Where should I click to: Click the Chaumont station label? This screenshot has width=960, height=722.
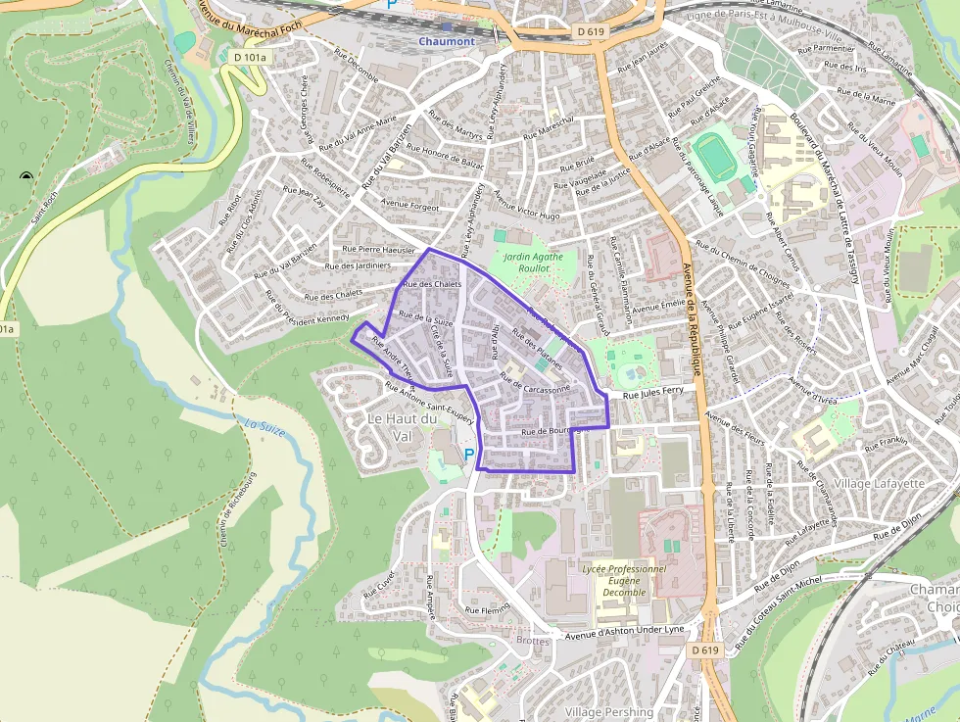pyautogui.click(x=446, y=41)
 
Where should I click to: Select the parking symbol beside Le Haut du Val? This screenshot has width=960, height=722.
pyautogui.click(x=469, y=455)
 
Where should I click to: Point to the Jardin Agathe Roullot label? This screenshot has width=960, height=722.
pyautogui.click(x=533, y=262)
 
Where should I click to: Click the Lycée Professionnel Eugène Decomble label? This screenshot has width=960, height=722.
pyautogui.click(x=623, y=580)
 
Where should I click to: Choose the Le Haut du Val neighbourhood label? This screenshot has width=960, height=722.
pyautogui.click(x=389, y=426)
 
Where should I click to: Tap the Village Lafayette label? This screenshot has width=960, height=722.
pyautogui.click(x=879, y=484)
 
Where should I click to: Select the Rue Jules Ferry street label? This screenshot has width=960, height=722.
pyautogui.click(x=652, y=391)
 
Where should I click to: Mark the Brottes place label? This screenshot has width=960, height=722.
pyautogui.click(x=533, y=641)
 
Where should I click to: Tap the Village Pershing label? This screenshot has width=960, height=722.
pyautogui.click(x=608, y=712)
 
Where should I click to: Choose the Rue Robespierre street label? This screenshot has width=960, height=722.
pyautogui.click(x=324, y=177)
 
